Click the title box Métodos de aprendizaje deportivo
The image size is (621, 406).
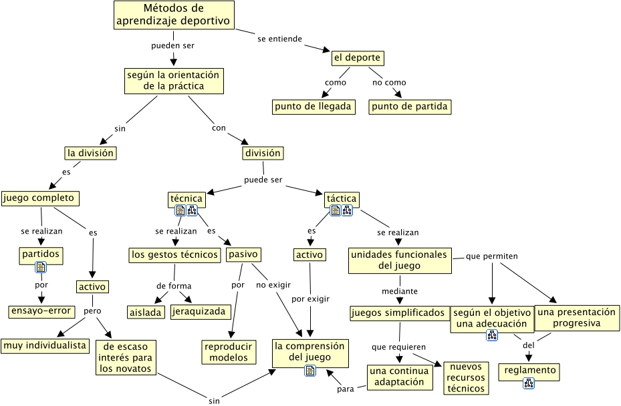tap(174, 15)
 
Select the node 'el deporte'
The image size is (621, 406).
tap(358, 58)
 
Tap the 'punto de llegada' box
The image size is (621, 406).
tap(313, 107)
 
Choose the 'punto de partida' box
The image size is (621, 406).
tap(410, 107)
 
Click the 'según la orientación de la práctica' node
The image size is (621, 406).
tap(173, 80)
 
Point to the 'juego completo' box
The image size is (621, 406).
tap(40, 198)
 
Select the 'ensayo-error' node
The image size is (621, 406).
tap(41, 311)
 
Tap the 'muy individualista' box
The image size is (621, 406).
tap(45, 345)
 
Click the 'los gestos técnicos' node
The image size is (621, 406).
tap(175, 254)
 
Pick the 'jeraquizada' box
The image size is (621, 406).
tap(201, 311)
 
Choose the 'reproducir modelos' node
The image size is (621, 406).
tap(229, 352)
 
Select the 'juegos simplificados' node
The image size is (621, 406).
tap(398, 313)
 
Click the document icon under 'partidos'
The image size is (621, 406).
tap(41, 267)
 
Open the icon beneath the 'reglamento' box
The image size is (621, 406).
tap(529, 383)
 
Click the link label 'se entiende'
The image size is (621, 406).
tap(280, 39)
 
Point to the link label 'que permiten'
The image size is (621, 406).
tap(492, 256)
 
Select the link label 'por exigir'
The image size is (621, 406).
tap(311, 298)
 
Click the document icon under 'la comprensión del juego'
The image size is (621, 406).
tap(309, 371)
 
